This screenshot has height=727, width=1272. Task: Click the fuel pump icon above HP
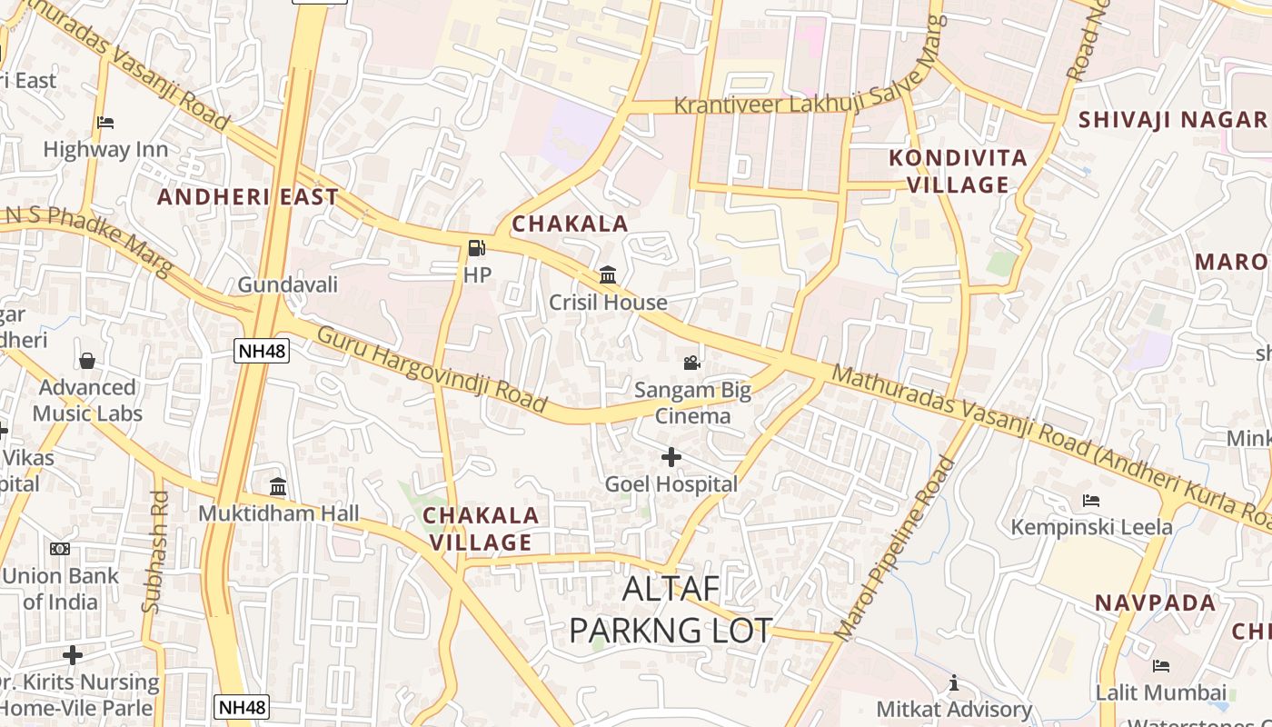click(x=476, y=248)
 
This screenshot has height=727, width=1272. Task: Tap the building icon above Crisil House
click(x=607, y=274)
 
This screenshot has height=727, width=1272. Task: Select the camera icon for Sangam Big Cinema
click(x=692, y=363)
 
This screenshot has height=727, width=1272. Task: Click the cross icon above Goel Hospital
click(x=671, y=456)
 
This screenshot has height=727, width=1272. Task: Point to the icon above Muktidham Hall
click(x=278, y=486)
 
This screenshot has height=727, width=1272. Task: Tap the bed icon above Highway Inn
click(x=105, y=122)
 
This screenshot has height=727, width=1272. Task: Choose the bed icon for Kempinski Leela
click(x=1090, y=500)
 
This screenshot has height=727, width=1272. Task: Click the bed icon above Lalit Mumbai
click(x=1160, y=665)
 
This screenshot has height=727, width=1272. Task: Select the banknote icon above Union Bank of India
click(x=60, y=549)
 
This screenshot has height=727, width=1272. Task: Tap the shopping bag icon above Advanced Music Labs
click(x=87, y=361)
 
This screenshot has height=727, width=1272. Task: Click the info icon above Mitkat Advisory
click(x=954, y=682)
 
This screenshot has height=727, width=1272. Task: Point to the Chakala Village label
click(x=481, y=529)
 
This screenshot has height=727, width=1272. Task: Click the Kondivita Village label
click(x=958, y=171)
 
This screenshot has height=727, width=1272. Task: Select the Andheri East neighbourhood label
click(x=248, y=196)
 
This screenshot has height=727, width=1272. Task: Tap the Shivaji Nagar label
click(x=1172, y=119)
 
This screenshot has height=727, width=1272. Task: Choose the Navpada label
click(x=1155, y=603)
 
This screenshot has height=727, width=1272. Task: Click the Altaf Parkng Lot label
click(x=671, y=610)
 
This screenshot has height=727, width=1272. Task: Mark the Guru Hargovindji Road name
click(x=432, y=368)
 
